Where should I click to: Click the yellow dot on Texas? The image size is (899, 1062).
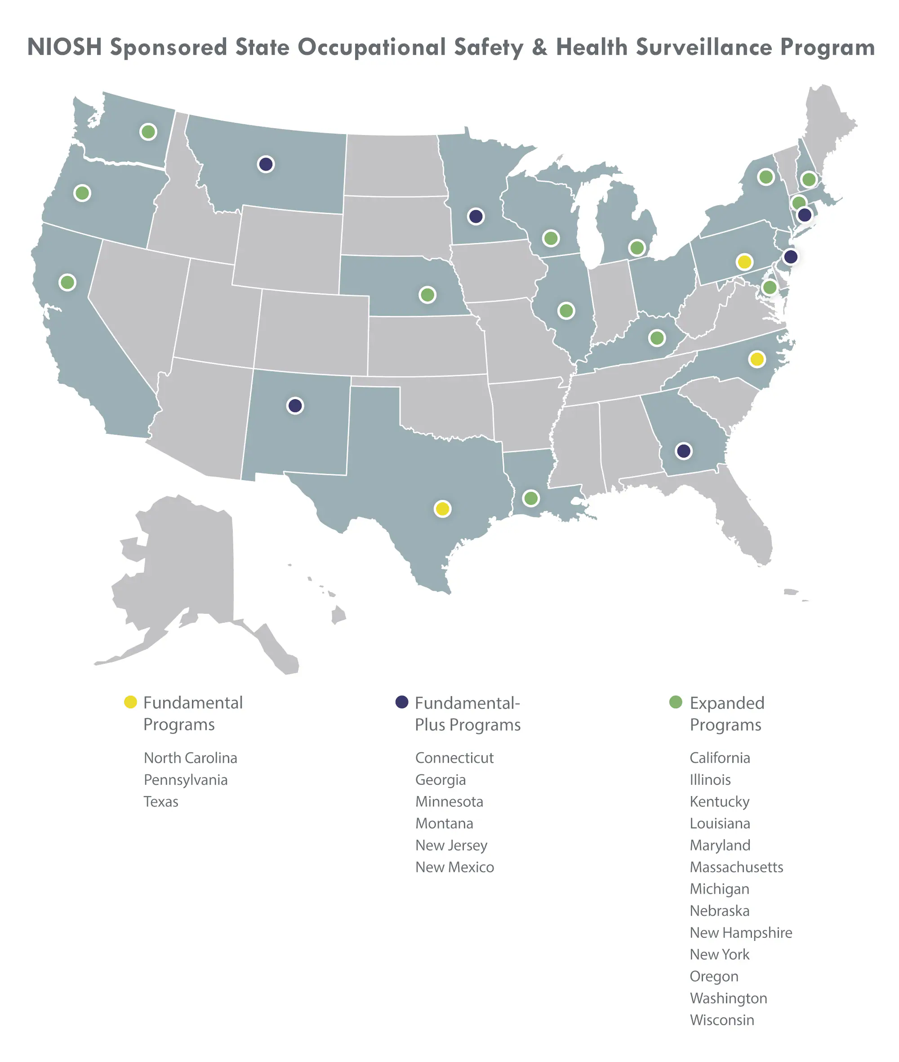(442, 508)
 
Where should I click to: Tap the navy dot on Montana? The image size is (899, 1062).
(266, 164)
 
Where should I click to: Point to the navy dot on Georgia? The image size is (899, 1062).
(683, 451)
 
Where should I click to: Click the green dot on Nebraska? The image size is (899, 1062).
(427, 294)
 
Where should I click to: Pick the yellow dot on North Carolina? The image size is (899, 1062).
(757, 359)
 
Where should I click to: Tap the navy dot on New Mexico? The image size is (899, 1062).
(295, 405)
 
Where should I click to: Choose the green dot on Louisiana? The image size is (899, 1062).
(531, 498)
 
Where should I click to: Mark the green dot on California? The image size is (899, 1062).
(67, 282)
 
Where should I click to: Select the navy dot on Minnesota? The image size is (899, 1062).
(476, 216)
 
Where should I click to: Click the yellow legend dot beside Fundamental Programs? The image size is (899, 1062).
(130, 702)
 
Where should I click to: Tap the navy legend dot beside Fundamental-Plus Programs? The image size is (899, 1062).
(402, 702)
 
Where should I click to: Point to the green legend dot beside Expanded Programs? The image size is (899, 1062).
(676, 702)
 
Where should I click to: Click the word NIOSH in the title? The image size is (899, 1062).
(64, 47)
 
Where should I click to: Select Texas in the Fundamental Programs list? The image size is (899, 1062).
(161, 801)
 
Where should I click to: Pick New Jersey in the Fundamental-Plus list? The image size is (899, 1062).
(451, 845)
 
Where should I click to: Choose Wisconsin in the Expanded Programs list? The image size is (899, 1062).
(721, 1020)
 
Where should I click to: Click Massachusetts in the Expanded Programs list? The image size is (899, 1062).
(736, 867)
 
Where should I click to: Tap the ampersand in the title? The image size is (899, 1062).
(539, 47)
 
